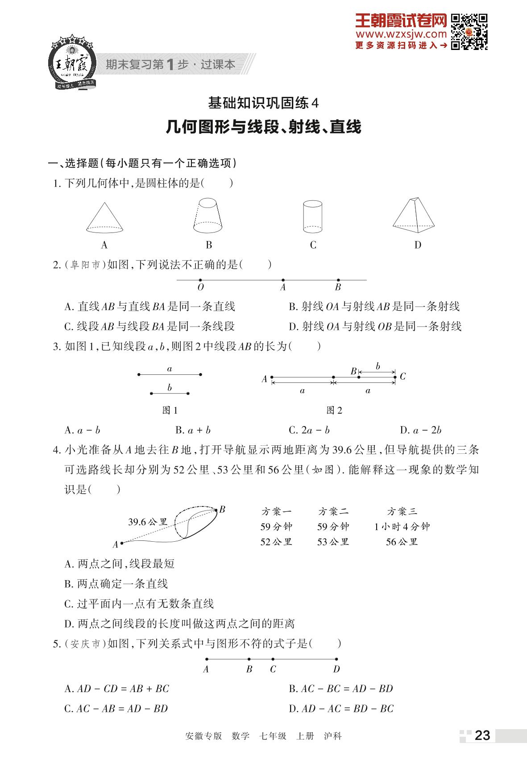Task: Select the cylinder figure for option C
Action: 312,216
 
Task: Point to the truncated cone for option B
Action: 208,216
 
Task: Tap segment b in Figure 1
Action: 170,393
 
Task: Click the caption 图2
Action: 334,411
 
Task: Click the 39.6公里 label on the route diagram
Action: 147,522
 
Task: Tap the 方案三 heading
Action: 402,511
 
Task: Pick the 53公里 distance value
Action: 333,542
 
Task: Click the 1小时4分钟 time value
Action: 402,527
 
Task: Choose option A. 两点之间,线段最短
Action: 119,564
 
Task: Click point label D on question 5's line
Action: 336,669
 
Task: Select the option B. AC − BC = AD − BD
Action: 341,689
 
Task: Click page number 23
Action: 482,735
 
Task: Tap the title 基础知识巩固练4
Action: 264,104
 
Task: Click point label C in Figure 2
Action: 403,377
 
